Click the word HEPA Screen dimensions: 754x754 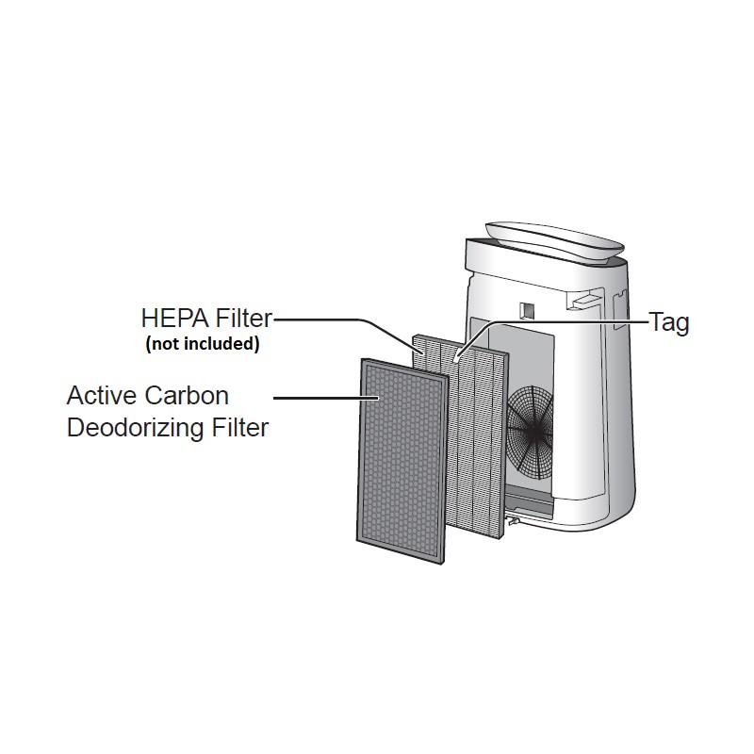[175, 319]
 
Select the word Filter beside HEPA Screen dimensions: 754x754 [244, 319]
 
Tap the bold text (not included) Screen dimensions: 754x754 [203, 344]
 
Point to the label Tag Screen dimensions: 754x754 [669, 322]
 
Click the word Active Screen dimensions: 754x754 [102, 396]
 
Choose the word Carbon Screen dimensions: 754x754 [187, 396]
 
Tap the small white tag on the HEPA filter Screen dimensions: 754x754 [457, 357]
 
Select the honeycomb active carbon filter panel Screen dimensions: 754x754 [402, 461]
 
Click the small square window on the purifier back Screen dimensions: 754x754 [527, 310]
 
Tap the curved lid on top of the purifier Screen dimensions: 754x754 [555, 242]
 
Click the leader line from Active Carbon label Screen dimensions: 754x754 [326, 398]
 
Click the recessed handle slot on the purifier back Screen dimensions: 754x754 [585, 299]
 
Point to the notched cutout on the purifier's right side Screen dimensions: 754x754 [621, 308]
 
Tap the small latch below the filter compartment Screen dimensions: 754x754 [512, 520]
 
